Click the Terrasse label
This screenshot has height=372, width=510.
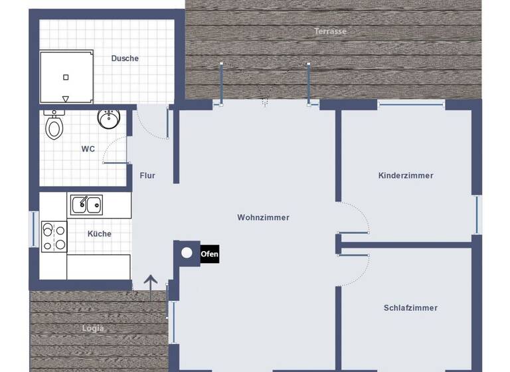331,31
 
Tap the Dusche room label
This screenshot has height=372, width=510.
125,58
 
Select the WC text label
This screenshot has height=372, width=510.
88,149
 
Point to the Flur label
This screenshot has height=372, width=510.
147,175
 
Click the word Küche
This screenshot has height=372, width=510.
99,234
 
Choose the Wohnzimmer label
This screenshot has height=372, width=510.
263,217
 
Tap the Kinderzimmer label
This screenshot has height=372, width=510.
405,175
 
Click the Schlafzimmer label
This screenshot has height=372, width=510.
410,308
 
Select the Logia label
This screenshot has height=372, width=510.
93,328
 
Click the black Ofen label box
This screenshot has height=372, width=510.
209,253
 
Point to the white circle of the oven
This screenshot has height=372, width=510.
187,252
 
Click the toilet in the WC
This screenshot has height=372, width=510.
54,124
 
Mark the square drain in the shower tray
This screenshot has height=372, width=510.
66,77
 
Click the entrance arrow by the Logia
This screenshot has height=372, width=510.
151,283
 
